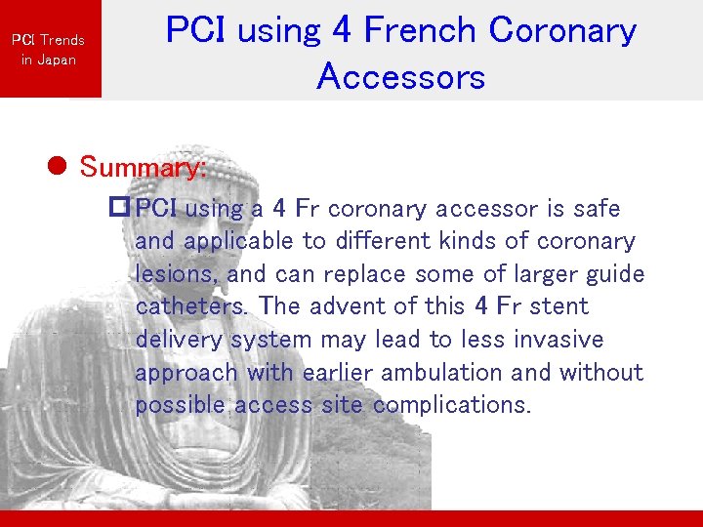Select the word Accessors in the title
[x=400, y=75]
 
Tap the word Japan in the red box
[x=57, y=60]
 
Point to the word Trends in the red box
[x=62, y=40]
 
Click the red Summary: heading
[x=143, y=167]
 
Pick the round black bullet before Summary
[x=58, y=167]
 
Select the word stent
[x=558, y=306]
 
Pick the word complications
[x=451, y=405]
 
